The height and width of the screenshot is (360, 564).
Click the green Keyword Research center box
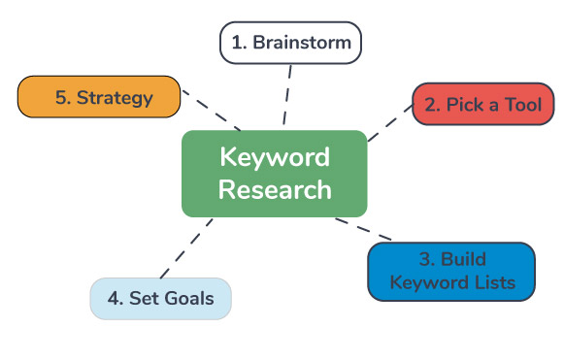(x=274, y=173)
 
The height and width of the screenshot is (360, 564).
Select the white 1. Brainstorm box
(x=290, y=43)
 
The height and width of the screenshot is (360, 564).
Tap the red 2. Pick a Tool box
(x=482, y=104)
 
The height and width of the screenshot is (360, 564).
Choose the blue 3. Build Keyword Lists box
(x=450, y=272)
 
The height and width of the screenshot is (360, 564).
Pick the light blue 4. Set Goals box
(x=160, y=298)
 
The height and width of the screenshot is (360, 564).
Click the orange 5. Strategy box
(x=99, y=97)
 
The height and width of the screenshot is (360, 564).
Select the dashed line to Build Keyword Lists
(x=365, y=229)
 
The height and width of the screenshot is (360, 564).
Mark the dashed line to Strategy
(x=213, y=112)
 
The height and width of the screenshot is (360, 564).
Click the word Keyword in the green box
(x=274, y=156)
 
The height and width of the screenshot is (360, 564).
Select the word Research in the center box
(x=274, y=189)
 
